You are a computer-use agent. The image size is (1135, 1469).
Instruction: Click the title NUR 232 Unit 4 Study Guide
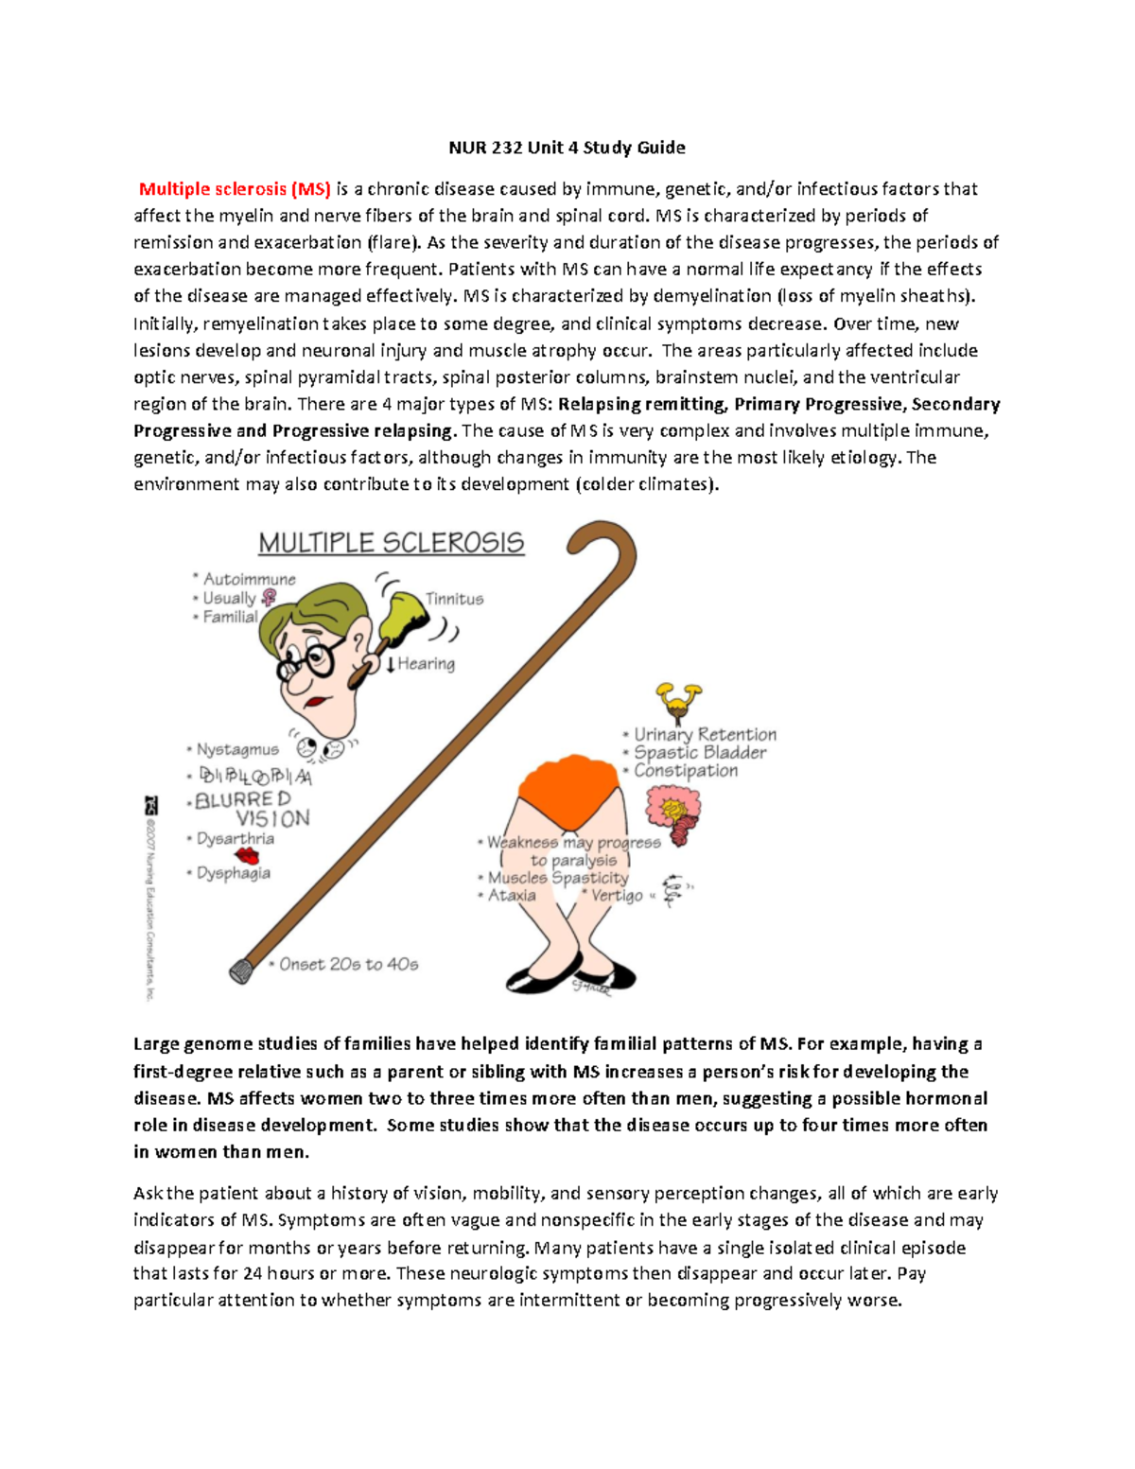click(x=567, y=148)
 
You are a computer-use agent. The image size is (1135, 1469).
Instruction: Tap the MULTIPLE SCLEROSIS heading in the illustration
click(x=391, y=543)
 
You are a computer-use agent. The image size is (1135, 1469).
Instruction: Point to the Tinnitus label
click(x=454, y=599)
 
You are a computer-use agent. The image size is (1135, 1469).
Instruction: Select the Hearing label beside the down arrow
click(x=426, y=664)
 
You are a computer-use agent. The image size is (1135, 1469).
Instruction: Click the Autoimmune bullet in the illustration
click(x=249, y=579)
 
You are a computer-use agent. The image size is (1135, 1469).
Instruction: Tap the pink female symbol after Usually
click(x=269, y=598)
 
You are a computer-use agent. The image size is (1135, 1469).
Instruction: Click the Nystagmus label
click(x=237, y=749)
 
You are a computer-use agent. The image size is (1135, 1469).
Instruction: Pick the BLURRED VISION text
click(x=252, y=809)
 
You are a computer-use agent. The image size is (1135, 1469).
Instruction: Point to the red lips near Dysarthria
click(x=247, y=856)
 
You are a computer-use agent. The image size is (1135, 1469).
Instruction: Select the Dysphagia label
click(x=233, y=873)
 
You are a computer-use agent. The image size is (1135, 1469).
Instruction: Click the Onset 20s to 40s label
click(x=348, y=965)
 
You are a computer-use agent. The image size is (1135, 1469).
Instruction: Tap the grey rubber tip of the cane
click(x=241, y=971)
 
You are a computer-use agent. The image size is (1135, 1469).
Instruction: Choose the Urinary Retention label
click(x=705, y=735)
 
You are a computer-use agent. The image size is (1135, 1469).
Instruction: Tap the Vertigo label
click(x=616, y=896)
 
